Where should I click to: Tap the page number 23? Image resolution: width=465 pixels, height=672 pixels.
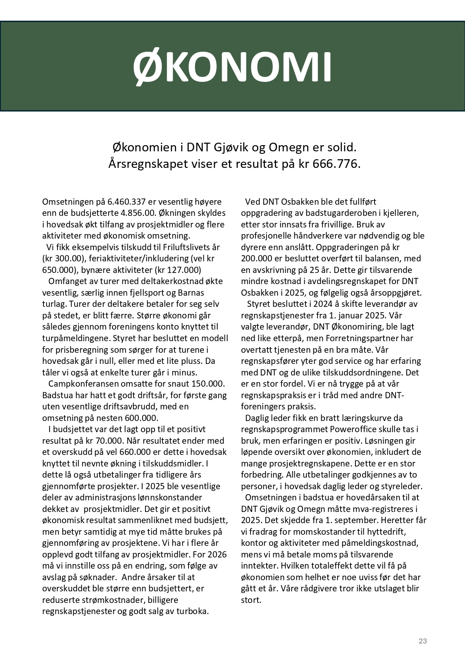422,641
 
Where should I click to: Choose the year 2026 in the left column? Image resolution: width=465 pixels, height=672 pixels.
217,554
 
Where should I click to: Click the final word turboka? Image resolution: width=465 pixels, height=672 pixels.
192,611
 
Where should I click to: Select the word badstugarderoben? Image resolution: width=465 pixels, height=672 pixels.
336,213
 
